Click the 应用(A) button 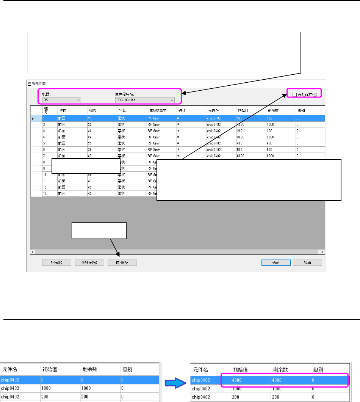point(122,262)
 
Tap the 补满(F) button point(57,262)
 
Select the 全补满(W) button point(89,262)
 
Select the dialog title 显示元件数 point(37,83)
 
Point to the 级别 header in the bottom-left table point(127,369)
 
